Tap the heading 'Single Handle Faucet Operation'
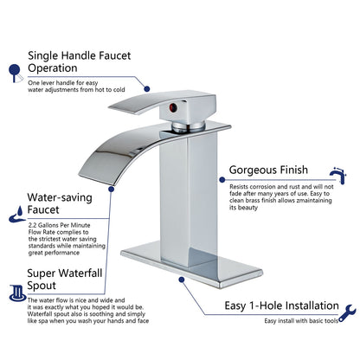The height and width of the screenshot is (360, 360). coord(80,61)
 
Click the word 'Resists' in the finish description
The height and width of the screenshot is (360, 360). coord(241,186)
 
